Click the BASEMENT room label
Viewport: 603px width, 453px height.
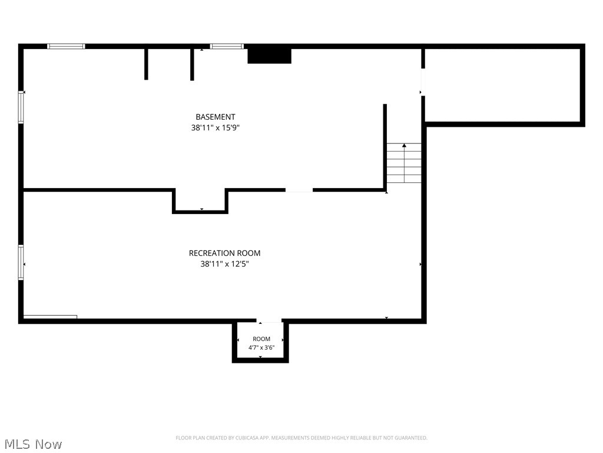[216, 117]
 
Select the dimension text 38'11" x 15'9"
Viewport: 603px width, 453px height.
[216, 127]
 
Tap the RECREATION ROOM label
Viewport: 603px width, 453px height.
[224, 253]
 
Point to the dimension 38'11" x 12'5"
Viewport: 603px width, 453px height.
[224, 264]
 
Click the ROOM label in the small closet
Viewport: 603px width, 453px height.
[261, 339]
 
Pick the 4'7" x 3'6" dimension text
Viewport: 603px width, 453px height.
[261, 347]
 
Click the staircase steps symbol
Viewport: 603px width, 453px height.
[404, 163]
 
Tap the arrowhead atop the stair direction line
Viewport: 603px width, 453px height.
[404, 145]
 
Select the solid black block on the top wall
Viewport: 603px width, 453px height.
[269, 56]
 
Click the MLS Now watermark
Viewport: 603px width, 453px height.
[33, 444]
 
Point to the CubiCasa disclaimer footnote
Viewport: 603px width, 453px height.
[301, 438]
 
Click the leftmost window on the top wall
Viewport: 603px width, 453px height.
[66, 46]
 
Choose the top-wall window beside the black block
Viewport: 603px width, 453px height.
[227, 46]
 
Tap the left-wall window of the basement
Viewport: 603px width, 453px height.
[21, 107]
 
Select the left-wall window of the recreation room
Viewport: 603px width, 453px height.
[21, 262]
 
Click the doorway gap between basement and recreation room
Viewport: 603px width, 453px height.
[299, 190]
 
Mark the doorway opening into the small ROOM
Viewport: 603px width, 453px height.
[269, 321]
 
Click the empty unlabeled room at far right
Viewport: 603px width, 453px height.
[502, 85]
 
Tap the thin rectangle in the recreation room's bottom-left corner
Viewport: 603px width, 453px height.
[50, 317]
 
